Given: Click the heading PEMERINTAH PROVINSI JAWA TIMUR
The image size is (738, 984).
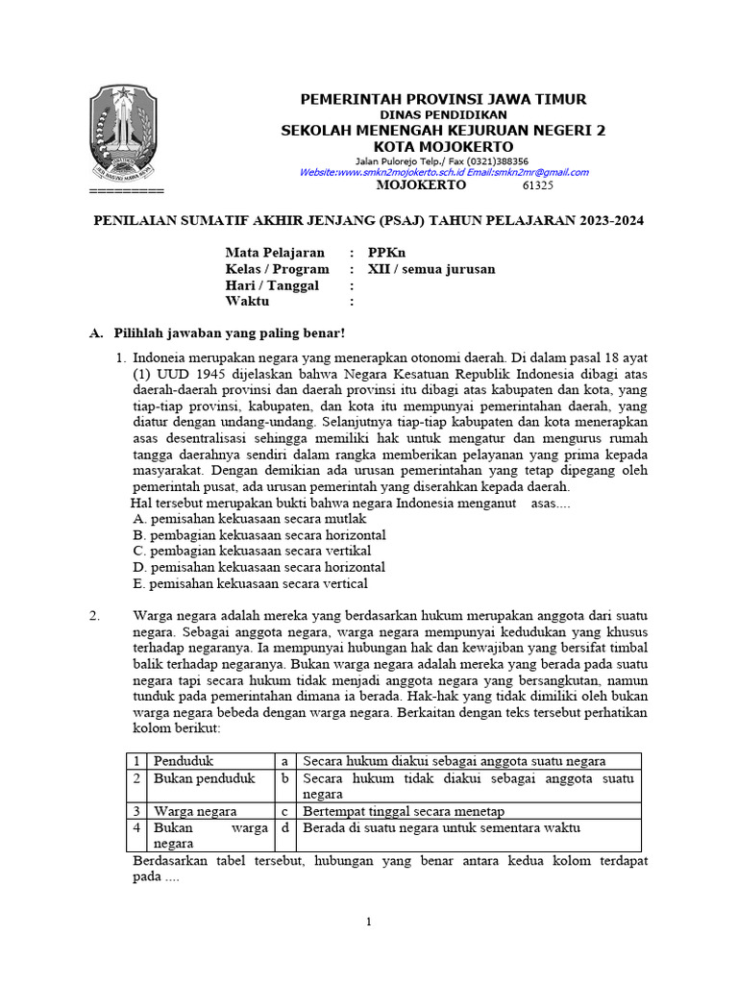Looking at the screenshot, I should (443, 100).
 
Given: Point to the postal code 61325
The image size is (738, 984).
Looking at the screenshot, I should (537, 185).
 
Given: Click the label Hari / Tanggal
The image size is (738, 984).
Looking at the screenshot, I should (272, 285).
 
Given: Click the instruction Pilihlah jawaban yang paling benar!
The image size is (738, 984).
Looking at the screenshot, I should (229, 333).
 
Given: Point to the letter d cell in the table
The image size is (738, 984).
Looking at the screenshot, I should (285, 827).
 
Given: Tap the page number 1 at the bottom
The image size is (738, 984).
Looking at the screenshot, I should (369, 922).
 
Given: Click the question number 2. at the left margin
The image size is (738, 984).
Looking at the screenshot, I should (95, 616).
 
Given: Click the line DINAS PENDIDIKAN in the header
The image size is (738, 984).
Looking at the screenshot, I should (443, 115).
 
